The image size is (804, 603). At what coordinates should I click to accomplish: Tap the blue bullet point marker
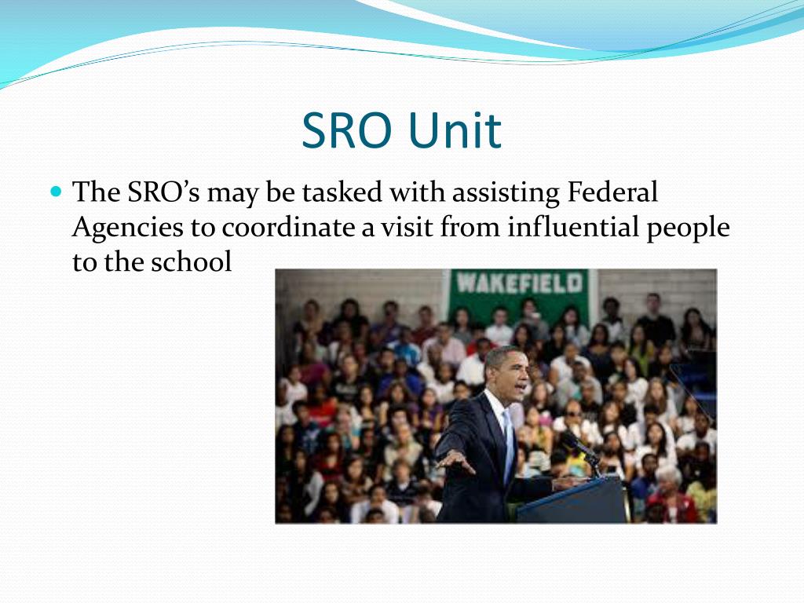point(55,191)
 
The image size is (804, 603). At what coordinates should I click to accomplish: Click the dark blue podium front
point(572,502)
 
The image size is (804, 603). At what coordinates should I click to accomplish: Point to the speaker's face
point(509,375)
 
